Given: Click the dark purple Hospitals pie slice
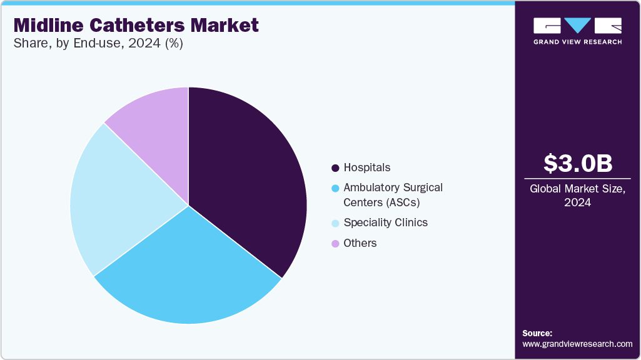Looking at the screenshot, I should tap(250, 181).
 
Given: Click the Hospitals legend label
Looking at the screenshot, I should tap(366, 167).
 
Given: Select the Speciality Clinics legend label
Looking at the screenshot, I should tap(385, 222).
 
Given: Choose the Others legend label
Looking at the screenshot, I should tap(360, 243).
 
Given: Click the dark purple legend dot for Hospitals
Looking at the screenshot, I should tap(335, 168).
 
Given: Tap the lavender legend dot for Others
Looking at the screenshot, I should tap(335, 244).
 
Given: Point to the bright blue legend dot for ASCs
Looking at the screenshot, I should tap(335, 188).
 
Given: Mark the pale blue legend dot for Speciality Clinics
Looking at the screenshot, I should tap(335, 223).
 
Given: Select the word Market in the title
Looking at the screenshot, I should tap(228, 26).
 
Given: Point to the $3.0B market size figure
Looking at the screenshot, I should tap(577, 163).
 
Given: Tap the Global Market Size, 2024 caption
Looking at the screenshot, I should tap(577, 196).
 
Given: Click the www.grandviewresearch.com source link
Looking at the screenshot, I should tap(577, 344).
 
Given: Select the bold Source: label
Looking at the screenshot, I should tap(537, 333).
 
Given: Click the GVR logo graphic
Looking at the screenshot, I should tap(577, 26).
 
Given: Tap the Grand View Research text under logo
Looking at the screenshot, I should tap(577, 42).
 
